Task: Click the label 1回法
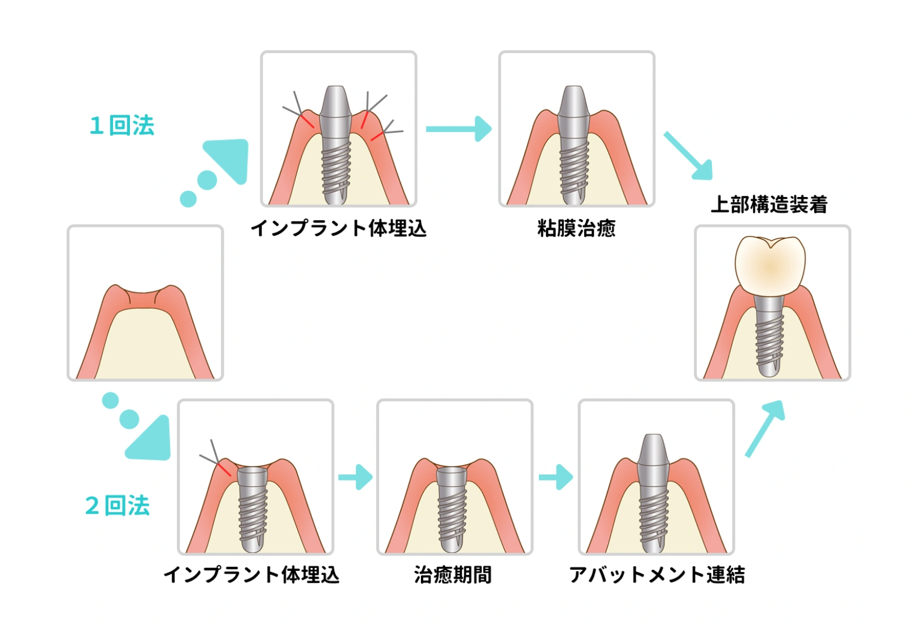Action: (122, 125)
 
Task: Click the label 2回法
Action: (118, 505)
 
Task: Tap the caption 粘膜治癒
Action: (576, 229)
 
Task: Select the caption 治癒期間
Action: (453, 575)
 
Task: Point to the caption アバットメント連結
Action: (657, 575)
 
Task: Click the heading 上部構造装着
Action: (769, 204)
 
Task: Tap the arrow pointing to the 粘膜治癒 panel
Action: (458, 129)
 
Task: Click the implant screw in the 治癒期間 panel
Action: (453, 508)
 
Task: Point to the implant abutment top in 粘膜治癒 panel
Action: (574, 102)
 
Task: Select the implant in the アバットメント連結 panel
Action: (654, 491)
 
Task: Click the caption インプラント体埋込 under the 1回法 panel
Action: (338, 229)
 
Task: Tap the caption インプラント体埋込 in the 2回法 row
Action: (251, 575)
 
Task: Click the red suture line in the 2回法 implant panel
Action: (224, 468)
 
